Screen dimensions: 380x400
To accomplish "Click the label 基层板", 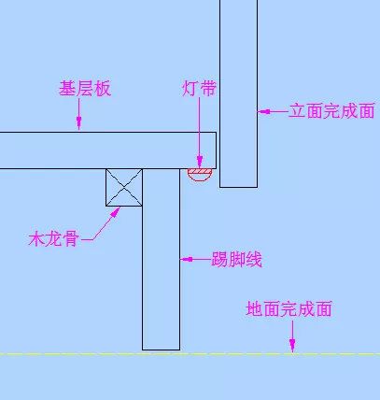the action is (85, 89).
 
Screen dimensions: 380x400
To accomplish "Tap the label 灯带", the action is (199, 89).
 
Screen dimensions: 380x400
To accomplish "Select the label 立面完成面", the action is (331, 111).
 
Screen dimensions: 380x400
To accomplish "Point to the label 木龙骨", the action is (53, 239).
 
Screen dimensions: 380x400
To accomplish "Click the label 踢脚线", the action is (237, 259).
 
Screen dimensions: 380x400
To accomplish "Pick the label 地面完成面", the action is (289, 308).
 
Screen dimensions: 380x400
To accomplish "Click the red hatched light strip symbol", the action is (200, 174).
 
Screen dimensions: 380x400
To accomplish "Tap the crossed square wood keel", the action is (124, 188).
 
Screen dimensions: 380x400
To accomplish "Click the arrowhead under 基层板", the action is (79, 123).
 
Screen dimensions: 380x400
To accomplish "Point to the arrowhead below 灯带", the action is (200, 162).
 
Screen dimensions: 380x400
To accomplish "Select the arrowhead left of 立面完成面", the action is (264, 111).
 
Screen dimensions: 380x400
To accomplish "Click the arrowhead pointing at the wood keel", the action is (116, 212).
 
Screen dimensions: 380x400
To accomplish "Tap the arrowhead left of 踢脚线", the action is (187, 259).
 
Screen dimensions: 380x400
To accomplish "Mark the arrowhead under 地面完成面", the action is (292, 346).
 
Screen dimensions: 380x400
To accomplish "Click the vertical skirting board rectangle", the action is (162, 259).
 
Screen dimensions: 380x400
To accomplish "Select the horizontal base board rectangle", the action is (108, 150).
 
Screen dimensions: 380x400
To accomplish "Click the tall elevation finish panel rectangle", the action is (239, 93).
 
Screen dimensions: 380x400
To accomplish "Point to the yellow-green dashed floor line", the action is (190, 354).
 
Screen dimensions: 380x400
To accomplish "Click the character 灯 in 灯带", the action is (190, 89).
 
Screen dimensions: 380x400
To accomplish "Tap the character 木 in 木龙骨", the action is (36, 239).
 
